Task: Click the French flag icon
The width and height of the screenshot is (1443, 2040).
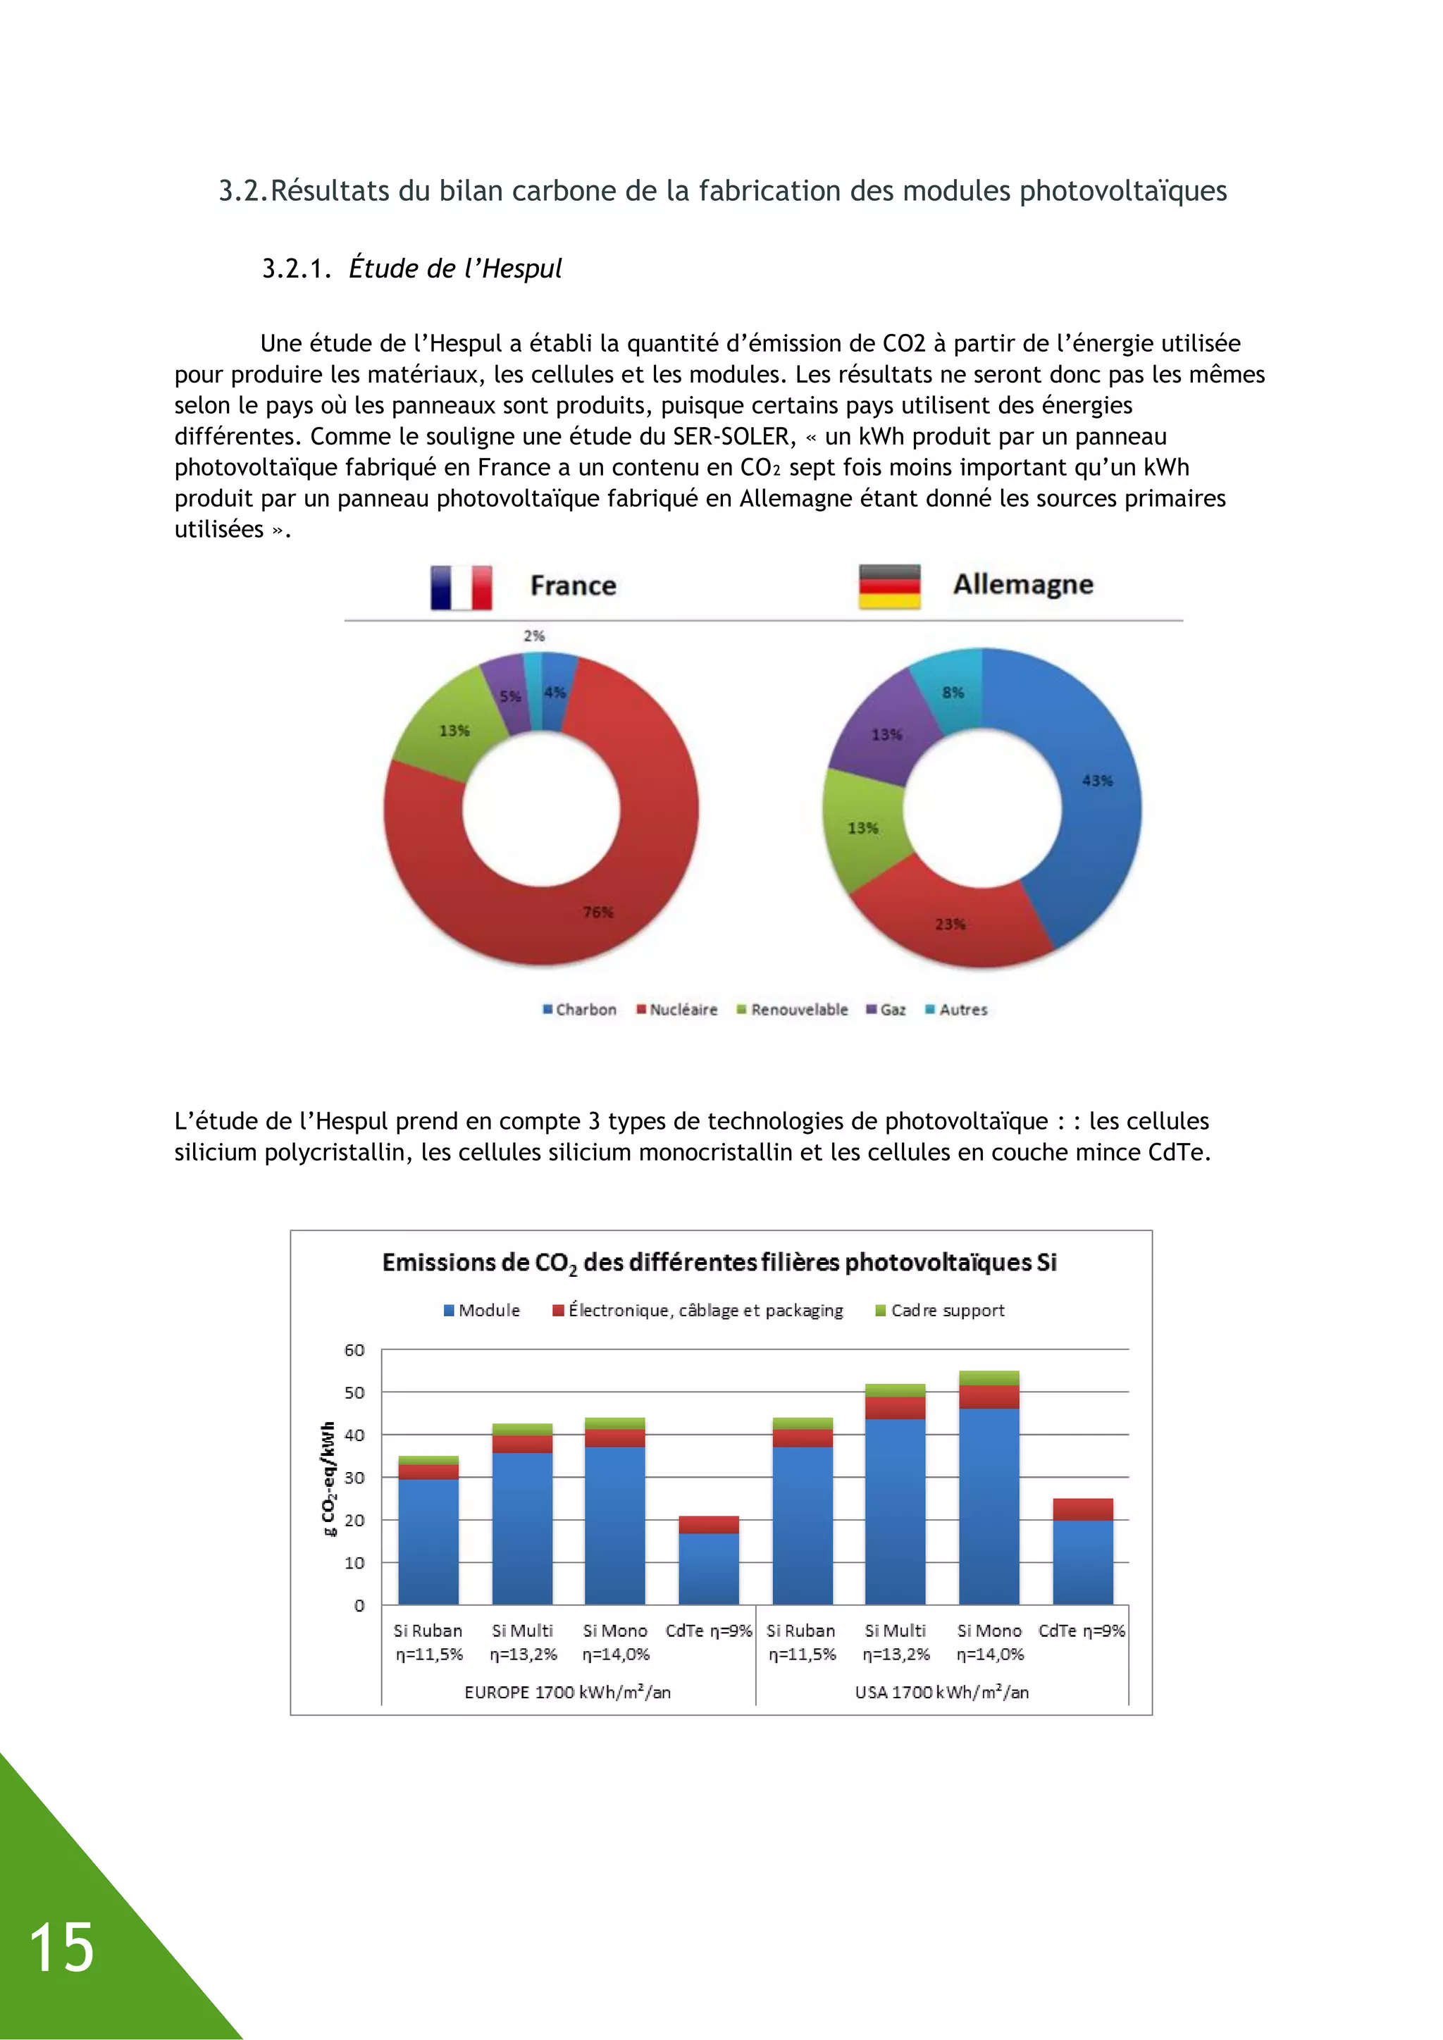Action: coord(462,587)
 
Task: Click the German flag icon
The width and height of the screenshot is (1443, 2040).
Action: coord(888,586)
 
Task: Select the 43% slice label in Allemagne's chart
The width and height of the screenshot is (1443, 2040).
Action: coord(1096,780)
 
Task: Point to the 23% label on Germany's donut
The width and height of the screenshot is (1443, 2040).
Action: coord(950,924)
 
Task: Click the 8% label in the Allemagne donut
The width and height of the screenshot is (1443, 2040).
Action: coord(953,692)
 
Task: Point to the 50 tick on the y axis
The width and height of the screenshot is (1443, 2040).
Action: coord(354,1392)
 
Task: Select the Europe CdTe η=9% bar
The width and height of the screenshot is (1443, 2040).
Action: coord(708,1564)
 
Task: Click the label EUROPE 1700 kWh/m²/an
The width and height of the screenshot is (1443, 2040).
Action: coord(567,1693)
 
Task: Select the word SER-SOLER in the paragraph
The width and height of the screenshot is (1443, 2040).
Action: coord(731,436)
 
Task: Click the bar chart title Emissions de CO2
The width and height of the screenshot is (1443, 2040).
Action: coord(719,1263)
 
